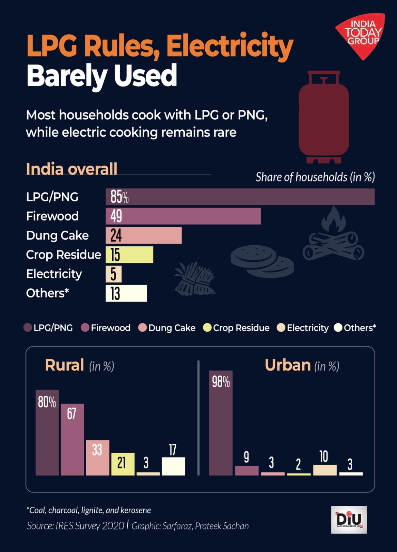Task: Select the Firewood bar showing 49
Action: pyautogui.click(x=183, y=216)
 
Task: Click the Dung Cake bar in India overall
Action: pyautogui.click(x=144, y=236)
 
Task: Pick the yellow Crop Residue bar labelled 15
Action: pyautogui.click(x=129, y=255)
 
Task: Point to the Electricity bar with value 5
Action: pyautogui.click(x=114, y=274)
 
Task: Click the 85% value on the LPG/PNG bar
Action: pyautogui.click(x=119, y=197)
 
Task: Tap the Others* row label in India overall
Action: pyautogui.click(x=48, y=293)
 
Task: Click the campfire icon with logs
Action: pyautogui.click(x=333, y=236)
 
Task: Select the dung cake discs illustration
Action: pyautogui.click(x=262, y=261)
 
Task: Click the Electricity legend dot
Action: pyautogui.click(x=281, y=328)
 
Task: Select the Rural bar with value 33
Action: pyautogui.click(x=98, y=458)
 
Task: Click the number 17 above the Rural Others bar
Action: pyautogui.click(x=173, y=450)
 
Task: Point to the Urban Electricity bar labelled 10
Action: pyautogui.click(x=325, y=470)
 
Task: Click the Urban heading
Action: pyautogui.click(x=288, y=365)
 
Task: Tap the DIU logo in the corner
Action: pyautogui.click(x=349, y=520)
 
